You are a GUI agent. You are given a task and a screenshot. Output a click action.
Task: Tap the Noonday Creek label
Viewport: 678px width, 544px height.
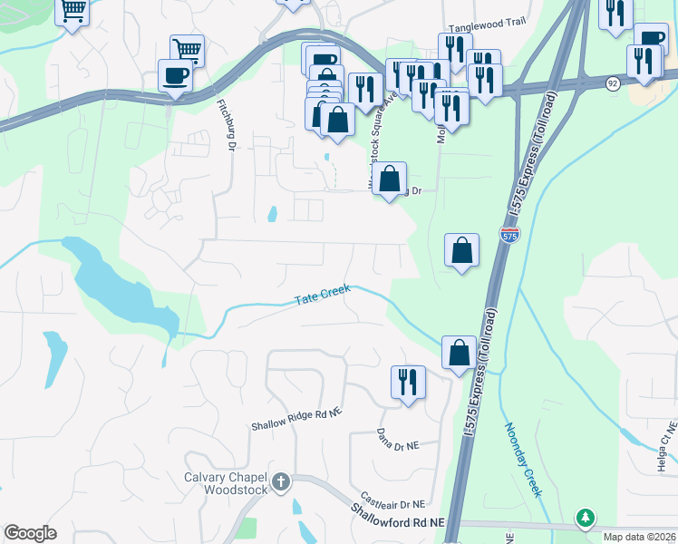522,460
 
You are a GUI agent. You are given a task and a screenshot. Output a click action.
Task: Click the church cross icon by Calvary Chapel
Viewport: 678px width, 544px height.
281,480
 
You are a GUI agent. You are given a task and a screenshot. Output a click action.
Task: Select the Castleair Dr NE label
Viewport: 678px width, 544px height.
392,501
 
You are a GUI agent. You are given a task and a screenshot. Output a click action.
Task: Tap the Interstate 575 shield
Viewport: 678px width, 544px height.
509,235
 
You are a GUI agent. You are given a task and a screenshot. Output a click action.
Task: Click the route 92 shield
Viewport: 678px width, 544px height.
614,83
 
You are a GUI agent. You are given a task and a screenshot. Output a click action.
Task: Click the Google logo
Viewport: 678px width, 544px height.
30,533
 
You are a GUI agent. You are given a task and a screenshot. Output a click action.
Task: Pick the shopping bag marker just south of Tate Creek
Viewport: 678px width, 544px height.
459,352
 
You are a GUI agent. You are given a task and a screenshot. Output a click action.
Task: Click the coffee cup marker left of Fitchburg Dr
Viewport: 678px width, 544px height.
175,75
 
